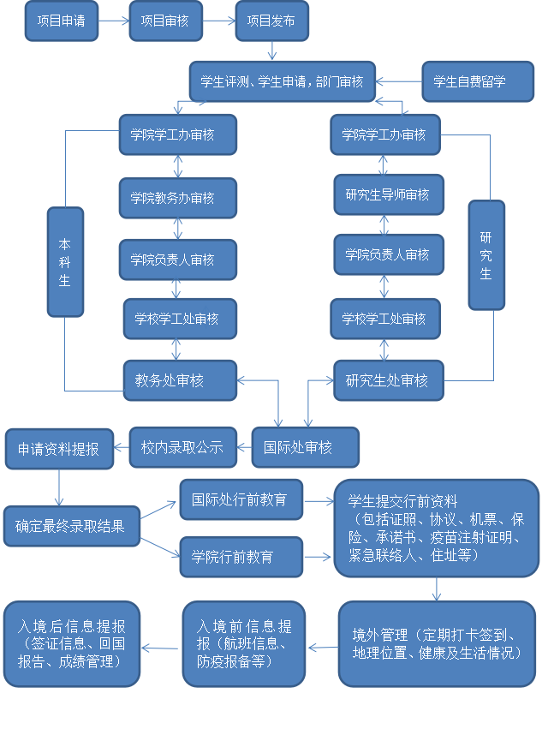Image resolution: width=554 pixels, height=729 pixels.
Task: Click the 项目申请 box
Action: (x=62, y=21)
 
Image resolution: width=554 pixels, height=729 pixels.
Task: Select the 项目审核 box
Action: (x=165, y=21)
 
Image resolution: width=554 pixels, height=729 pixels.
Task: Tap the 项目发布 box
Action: (x=271, y=21)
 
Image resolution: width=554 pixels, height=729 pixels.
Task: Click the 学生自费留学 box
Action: (x=477, y=82)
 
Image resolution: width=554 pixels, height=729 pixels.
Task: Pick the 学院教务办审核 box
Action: (x=178, y=198)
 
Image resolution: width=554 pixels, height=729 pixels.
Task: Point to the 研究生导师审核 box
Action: (x=387, y=194)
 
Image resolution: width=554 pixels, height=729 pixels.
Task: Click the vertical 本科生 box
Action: (x=65, y=261)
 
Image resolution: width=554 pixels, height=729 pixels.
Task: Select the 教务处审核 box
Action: (x=179, y=380)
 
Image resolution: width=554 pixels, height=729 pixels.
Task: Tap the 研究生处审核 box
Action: (x=388, y=380)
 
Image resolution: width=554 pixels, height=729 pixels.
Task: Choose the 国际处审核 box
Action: (x=306, y=447)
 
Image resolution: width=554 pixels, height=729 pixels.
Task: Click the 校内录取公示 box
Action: (x=182, y=447)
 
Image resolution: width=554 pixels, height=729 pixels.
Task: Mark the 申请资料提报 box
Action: (x=59, y=449)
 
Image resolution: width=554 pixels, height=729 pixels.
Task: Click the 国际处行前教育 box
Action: (x=241, y=499)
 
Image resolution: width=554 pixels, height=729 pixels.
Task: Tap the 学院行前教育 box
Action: (x=241, y=557)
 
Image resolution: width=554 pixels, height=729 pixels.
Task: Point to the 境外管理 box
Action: (x=437, y=643)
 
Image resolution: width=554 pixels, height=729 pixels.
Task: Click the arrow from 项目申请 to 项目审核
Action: (x=114, y=21)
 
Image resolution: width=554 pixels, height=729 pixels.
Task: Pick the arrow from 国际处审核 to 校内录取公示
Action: (x=245, y=447)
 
